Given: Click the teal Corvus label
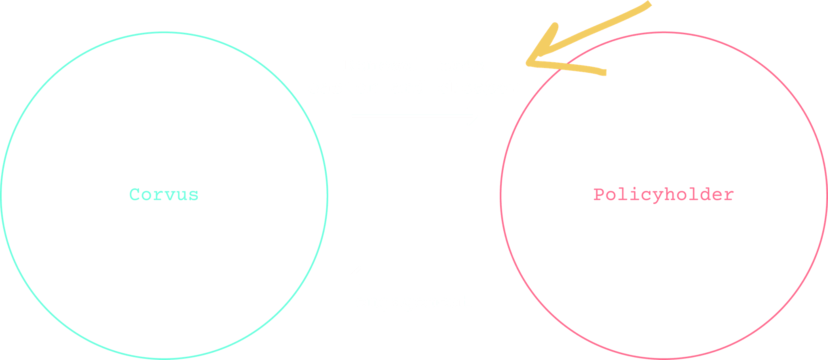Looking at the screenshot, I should pyautogui.click(x=164, y=195).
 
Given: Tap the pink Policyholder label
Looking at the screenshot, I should pyautogui.click(x=663, y=195).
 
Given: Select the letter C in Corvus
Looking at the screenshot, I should pyautogui.click(x=135, y=195).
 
